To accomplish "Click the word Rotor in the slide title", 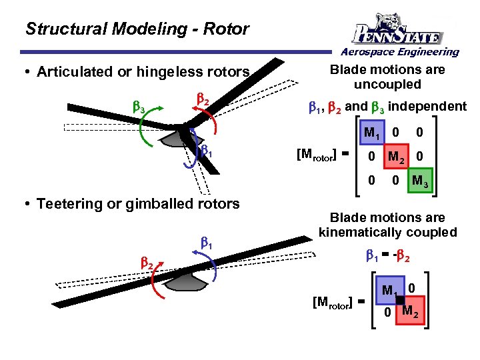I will point(227,29).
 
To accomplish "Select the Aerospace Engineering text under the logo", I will point(401,52).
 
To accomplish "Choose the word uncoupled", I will point(387,85).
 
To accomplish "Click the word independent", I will point(427,106).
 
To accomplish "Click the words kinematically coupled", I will point(387,233).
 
